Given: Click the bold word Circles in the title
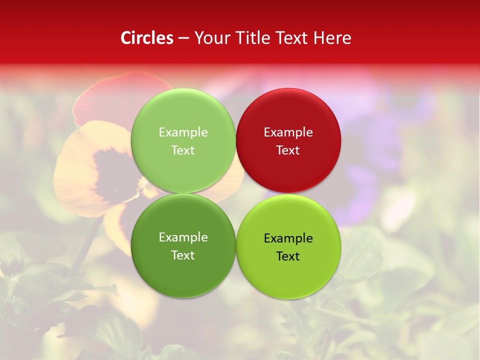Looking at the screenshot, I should click(x=147, y=38).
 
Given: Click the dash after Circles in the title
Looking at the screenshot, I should click(x=183, y=38).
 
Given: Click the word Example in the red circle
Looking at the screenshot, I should click(x=288, y=132).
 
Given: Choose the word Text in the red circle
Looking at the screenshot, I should click(x=288, y=150).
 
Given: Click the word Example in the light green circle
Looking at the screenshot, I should click(x=183, y=132).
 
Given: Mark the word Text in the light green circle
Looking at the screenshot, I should click(x=183, y=150).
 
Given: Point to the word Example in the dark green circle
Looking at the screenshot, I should click(x=183, y=237).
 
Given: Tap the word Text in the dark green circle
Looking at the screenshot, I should click(x=183, y=255).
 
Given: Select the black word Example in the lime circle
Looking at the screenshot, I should click(x=288, y=238).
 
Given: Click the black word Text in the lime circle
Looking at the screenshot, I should click(x=288, y=256).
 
